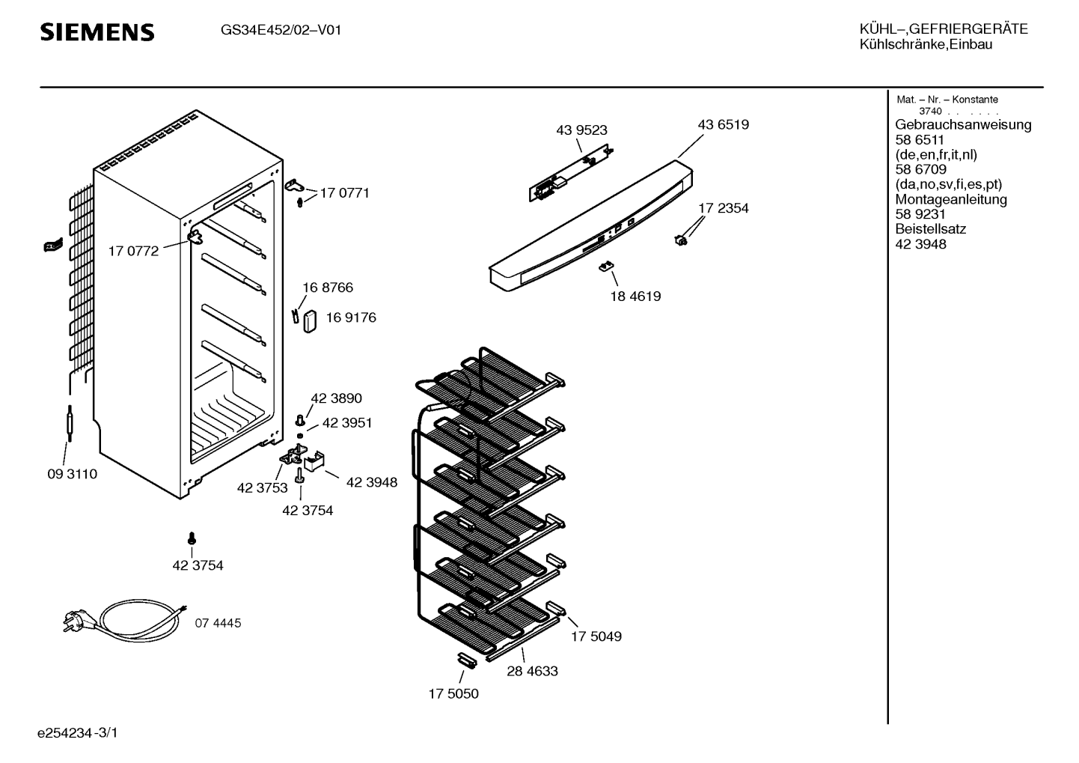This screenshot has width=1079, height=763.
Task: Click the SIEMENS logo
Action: [x=97, y=32]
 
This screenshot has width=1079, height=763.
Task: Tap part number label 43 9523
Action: [x=581, y=130]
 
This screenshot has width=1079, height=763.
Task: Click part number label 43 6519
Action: [x=723, y=125]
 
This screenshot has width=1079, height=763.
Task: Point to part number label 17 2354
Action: [x=724, y=208]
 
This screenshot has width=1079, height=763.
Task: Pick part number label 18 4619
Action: [x=635, y=297]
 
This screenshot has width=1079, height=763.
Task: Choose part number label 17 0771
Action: [x=344, y=193]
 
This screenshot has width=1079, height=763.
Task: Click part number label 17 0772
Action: [x=133, y=252]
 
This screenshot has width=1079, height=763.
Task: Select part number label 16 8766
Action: [x=328, y=288]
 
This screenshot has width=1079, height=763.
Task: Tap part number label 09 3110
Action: [x=72, y=475]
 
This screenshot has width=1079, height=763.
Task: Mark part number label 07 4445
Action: [x=218, y=623]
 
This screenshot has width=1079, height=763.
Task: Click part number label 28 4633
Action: [x=532, y=672]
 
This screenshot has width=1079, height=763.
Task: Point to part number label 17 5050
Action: [x=453, y=694]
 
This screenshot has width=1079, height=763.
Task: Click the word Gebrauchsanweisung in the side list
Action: [x=963, y=125]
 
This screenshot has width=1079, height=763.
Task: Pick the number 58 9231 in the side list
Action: [x=920, y=214]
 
